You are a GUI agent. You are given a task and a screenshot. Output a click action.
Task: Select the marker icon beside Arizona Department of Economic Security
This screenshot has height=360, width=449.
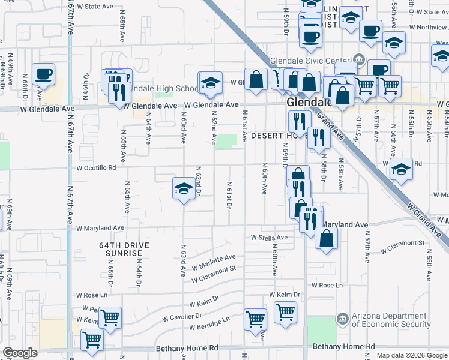(342, 317)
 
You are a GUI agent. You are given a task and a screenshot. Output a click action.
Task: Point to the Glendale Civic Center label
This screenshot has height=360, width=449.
(309, 60)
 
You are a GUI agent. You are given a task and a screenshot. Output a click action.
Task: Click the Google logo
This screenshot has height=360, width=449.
(20, 353)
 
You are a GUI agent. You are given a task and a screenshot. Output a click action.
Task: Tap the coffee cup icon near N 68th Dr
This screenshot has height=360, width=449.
(43, 75)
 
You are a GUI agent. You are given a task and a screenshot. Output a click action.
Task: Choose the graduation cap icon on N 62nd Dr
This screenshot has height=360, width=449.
(184, 189)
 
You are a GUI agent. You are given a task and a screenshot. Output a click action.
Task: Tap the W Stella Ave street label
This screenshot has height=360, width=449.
(270, 238)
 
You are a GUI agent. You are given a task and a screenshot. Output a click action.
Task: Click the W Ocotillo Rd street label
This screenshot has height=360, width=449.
(95, 168)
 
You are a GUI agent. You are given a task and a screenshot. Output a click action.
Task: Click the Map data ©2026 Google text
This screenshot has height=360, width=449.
(412, 355)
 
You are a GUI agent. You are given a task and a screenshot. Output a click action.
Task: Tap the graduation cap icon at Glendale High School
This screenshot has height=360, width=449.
(210, 83)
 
